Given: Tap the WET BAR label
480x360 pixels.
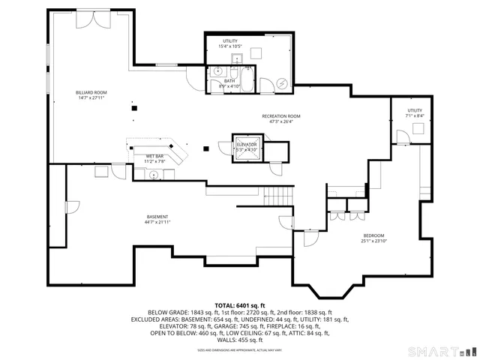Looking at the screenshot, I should coord(154,156).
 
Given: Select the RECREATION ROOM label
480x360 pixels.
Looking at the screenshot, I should coord(281,116).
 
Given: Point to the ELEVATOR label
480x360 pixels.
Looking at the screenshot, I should coord(247,144).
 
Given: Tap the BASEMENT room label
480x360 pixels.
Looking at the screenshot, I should coord(157,217).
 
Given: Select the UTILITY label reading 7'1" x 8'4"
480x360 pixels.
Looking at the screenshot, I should coord(414,110).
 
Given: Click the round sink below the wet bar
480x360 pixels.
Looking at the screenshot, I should coord(153,174).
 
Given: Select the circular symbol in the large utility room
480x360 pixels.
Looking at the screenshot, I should coord(282,84).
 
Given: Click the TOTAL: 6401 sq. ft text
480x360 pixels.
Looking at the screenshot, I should coord(240,306).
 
